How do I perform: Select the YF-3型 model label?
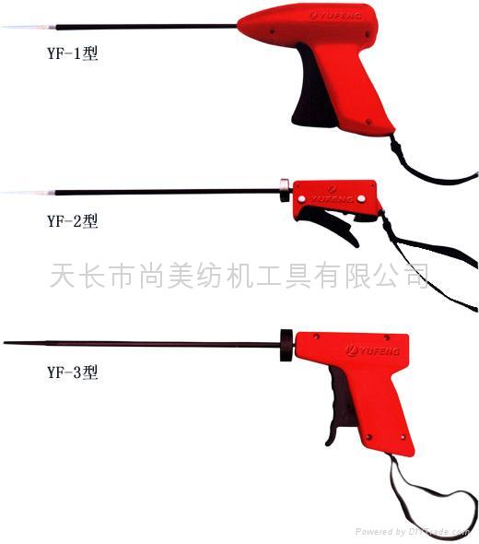click(x=71, y=373)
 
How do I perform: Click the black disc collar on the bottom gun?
click(x=286, y=341)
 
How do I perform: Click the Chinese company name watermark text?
click(x=239, y=274)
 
